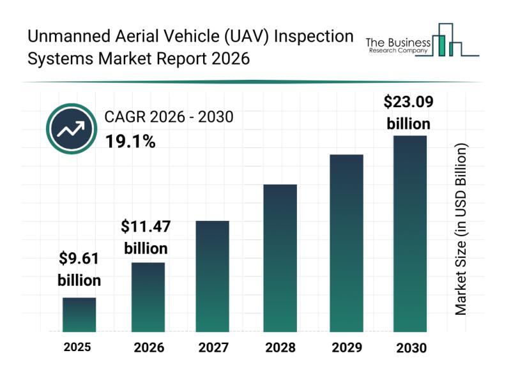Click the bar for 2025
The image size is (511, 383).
pyautogui.click(x=79, y=315)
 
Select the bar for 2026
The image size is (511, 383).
pyautogui.click(x=148, y=297)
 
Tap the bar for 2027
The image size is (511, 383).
pyautogui.click(x=212, y=276)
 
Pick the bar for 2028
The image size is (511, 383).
pyautogui.click(x=280, y=258)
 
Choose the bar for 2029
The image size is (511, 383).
pyautogui.click(x=346, y=243)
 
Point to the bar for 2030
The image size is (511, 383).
pyautogui.click(x=409, y=234)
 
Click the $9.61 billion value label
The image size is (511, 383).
pyautogui.click(x=79, y=269)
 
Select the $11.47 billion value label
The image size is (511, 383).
pyautogui.click(x=146, y=237)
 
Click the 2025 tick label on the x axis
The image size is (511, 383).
pyautogui.click(x=77, y=348)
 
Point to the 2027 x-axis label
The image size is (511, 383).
pyautogui.click(x=214, y=348)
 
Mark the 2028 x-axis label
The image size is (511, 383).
pyautogui.click(x=280, y=348)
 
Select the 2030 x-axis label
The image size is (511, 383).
pyautogui.click(x=409, y=348)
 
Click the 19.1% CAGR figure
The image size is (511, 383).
pyautogui.click(x=130, y=141)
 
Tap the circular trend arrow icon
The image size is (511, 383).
pyautogui.click(x=72, y=130)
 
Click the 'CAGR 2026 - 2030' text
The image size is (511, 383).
pyautogui.click(x=169, y=117)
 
